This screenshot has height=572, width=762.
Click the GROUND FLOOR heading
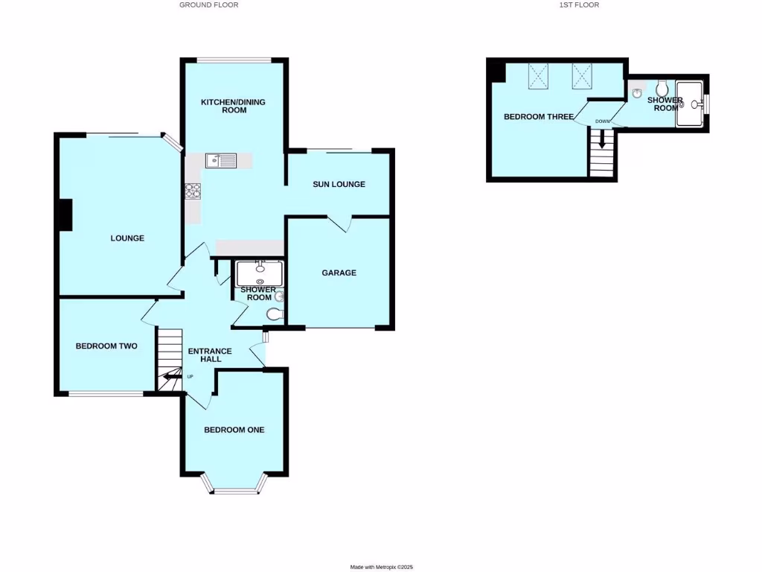[x=208, y=4]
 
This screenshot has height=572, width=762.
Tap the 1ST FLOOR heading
[x=580, y=4]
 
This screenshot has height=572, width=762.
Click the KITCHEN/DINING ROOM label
[x=233, y=106]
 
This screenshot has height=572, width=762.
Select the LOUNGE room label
[x=127, y=238]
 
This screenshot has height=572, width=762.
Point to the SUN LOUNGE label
[x=339, y=184]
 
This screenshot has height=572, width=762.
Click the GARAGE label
[x=339, y=273]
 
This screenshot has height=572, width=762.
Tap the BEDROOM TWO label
[x=106, y=346]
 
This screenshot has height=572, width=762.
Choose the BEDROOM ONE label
[x=234, y=430]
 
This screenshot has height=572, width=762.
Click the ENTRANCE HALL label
[x=209, y=355]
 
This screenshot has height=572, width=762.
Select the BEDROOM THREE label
[x=538, y=117]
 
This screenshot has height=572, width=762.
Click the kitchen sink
[x=221, y=160]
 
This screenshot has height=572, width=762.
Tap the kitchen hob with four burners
[x=193, y=191]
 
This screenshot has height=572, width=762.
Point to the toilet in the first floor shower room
[x=662, y=91]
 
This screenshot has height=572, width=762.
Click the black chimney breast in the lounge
[x=65, y=215]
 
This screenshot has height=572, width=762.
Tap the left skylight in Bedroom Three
[x=538, y=76]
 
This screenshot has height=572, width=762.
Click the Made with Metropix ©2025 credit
[x=381, y=567]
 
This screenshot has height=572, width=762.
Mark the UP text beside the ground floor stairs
[x=190, y=376]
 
